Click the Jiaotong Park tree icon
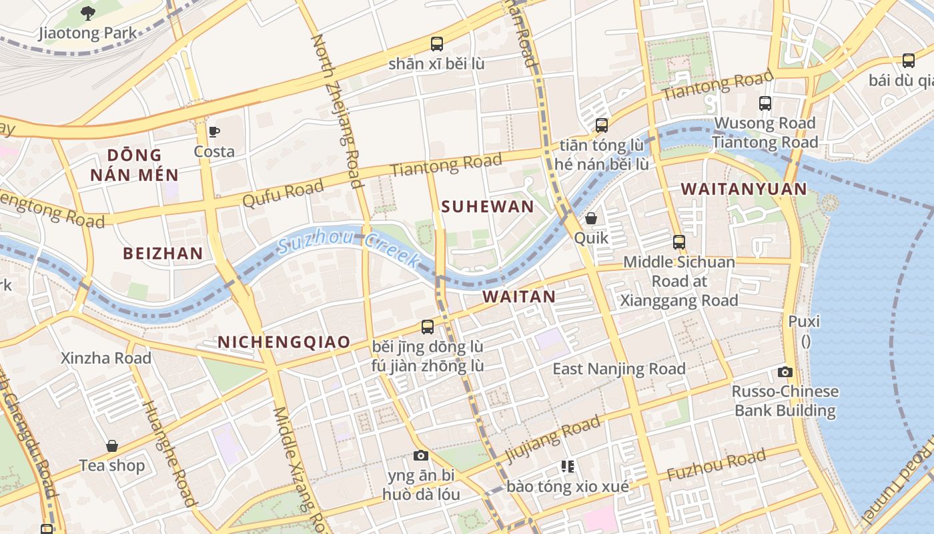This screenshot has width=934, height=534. coord(87,13)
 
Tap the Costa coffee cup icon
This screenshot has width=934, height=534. coord(214,131)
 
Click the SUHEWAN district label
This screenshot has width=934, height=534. coord(488,207)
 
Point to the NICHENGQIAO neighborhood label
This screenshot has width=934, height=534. coord(284,342)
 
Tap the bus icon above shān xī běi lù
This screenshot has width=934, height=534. coord(437,44)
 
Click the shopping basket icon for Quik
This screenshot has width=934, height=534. coord(591,218)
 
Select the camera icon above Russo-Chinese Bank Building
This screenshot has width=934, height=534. coord(785,372)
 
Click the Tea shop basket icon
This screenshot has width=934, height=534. coord(112,446)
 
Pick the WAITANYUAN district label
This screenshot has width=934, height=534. coord(744,190)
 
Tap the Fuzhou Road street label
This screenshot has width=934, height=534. coord(716,465)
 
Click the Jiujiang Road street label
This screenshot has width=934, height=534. coord(552,439)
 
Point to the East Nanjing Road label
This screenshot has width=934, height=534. coord(618,369)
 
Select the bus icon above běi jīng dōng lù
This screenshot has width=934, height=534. coord(428,327)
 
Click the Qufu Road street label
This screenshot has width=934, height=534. coord(283,194)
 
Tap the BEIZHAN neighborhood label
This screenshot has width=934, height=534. coord(163,254)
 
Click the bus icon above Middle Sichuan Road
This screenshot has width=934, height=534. coord(679,242)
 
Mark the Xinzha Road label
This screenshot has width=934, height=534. coord(106,358)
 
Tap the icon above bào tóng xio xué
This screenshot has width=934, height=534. coord(568,467)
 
